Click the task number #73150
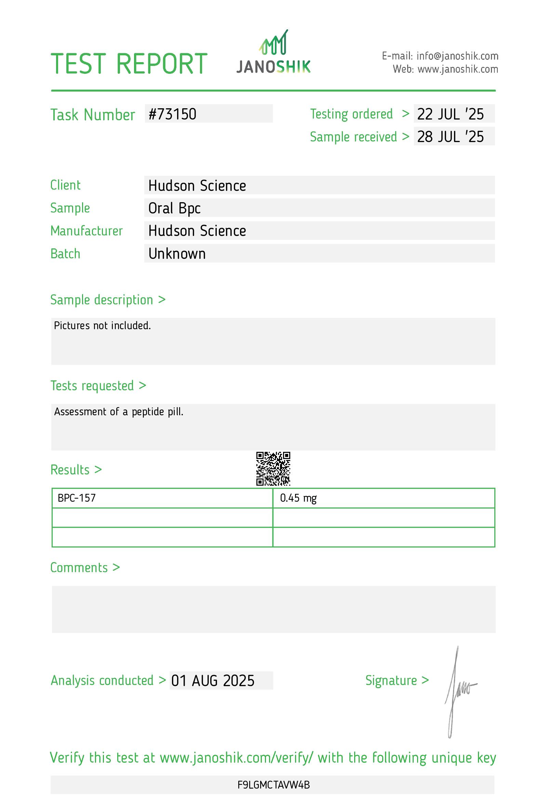coord(172,114)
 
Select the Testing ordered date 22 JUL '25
coord(450,114)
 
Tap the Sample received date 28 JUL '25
coord(450,137)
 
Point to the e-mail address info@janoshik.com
coord(457,56)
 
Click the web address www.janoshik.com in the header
coord(457,69)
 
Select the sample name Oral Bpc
coord(174,208)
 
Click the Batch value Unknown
coord(177,254)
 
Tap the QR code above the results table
coord(273,468)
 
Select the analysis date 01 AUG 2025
coord(213,681)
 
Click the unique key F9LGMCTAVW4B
coord(273,785)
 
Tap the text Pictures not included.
coord(102,326)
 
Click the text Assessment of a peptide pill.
coord(119,412)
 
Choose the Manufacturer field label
coord(86,231)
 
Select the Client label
coord(65,185)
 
